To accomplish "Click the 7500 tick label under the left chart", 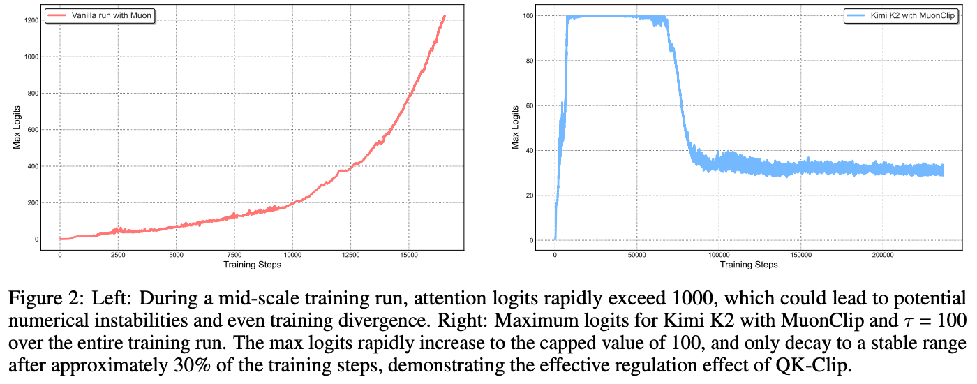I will [234, 254].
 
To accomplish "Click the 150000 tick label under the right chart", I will [801, 254].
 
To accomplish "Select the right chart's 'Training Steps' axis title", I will [749, 265].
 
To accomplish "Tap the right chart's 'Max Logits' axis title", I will [516, 128].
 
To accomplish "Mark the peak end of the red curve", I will [445, 16].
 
